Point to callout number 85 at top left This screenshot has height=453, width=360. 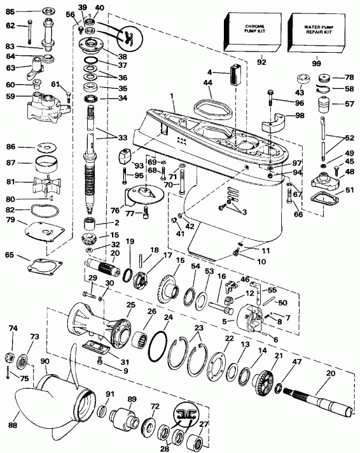coord(10,11)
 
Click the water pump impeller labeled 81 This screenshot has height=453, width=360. coord(43,184)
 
